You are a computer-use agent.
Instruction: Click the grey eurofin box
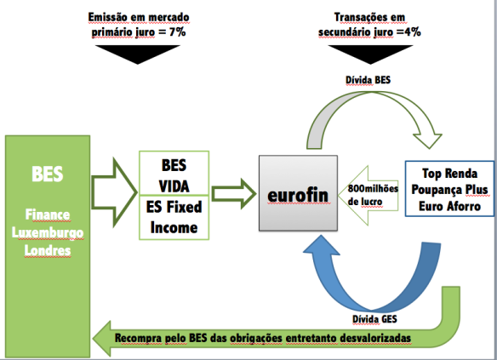[x=298, y=192]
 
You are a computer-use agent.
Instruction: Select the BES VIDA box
[x=174, y=173]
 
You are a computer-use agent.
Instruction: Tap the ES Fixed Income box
[x=174, y=217]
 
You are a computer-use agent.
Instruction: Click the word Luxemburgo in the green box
[x=48, y=233]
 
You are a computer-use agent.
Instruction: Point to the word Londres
[x=48, y=250]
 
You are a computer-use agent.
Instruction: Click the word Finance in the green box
[x=48, y=214]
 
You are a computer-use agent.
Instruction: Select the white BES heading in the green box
[x=48, y=174]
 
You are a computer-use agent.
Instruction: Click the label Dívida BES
[x=368, y=80]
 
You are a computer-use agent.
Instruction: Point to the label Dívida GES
[x=374, y=319]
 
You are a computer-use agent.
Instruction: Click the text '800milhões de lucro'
[x=373, y=195]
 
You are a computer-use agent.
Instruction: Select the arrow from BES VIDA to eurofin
[x=234, y=194]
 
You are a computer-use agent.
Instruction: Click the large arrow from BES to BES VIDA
[x=114, y=192]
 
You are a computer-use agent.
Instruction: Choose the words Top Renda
[x=450, y=174]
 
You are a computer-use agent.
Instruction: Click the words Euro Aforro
[x=450, y=206]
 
